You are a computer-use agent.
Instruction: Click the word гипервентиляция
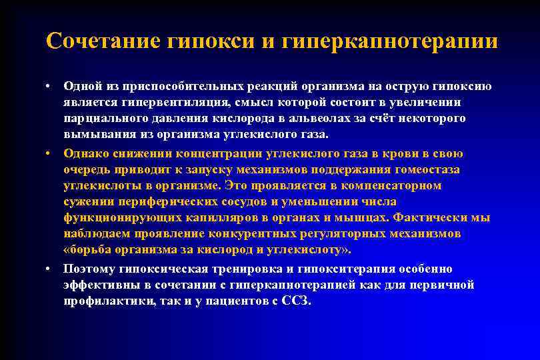pyautogui.click(x=163, y=102)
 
